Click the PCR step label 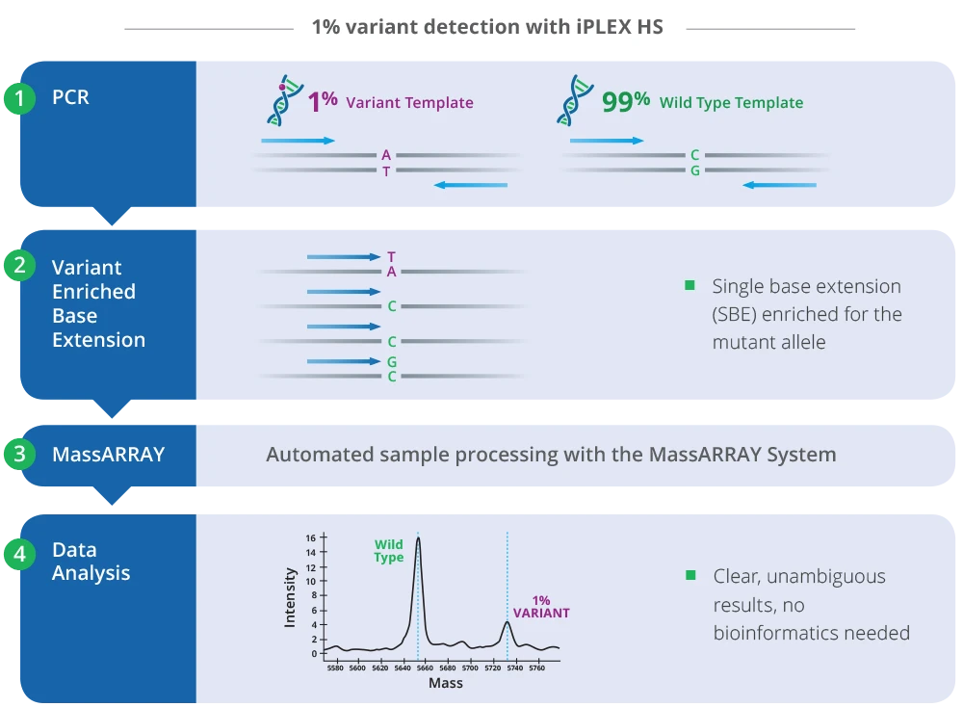click(x=70, y=98)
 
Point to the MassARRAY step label click(x=108, y=455)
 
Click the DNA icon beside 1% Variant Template click(x=279, y=101)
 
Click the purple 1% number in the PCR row click(x=322, y=101)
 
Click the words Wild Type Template click(x=731, y=103)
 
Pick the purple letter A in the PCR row click(x=386, y=155)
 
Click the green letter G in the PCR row click(x=694, y=170)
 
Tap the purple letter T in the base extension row click(x=391, y=257)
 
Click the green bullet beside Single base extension click(x=690, y=286)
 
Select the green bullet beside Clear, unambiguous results click(x=690, y=576)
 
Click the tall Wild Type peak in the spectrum click(x=418, y=544)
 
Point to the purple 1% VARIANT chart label click(x=540, y=606)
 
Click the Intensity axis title click(x=290, y=597)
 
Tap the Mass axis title click(x=445, y=683)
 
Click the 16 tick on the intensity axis click(x=311, y=537)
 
